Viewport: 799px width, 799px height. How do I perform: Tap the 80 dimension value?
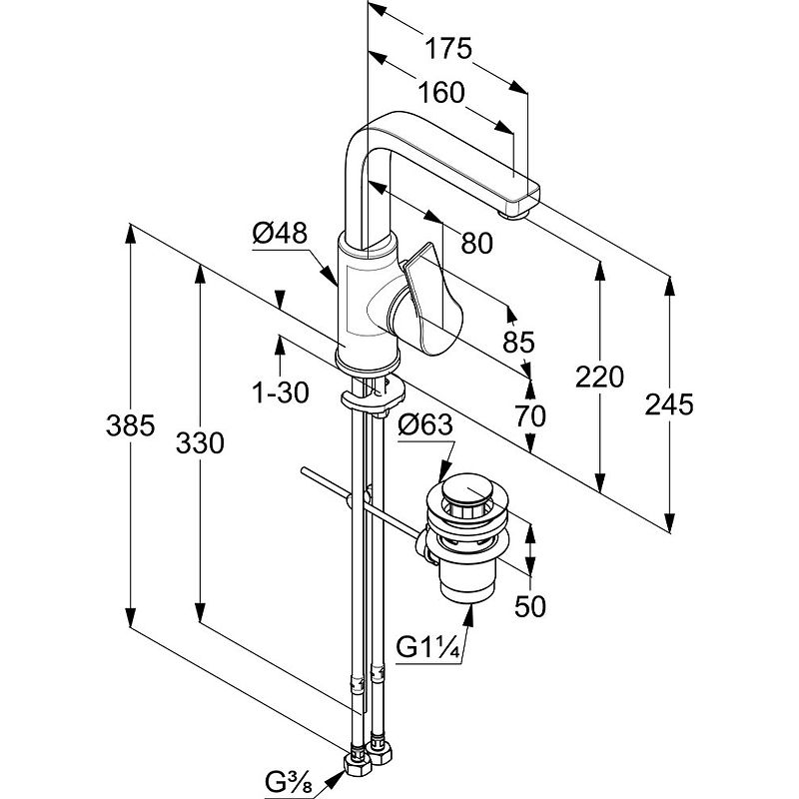coord(478,242)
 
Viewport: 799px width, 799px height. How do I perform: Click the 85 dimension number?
coord(518,343)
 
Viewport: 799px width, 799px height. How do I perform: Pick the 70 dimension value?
coord(530,415)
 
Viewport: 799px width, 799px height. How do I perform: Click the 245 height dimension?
coord(669,403)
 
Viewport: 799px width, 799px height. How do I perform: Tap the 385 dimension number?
coord(130,426)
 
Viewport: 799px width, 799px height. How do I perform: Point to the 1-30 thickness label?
coord(280,394)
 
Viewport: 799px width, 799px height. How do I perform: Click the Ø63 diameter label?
coord(426,425)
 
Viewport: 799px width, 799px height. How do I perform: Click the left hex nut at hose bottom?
coord(356,762)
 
